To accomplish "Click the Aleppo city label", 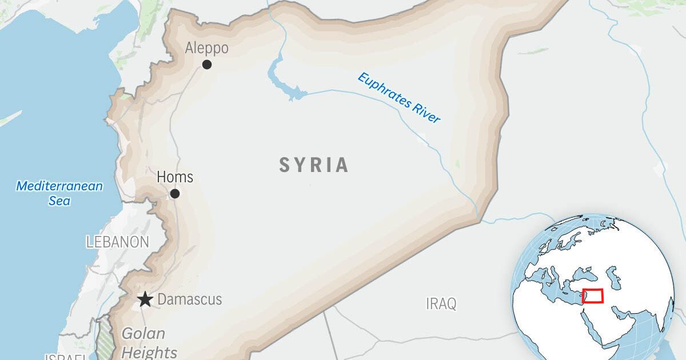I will (x=206, y=49).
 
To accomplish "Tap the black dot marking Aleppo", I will (x=207, y=65).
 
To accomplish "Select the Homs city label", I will (x=175, y=177).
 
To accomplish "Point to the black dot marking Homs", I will (x=175, y=194).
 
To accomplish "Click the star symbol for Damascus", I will (x=145, y=299).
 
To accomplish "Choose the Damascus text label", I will (x=189, y=299).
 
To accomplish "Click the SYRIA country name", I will (x=314, y=165).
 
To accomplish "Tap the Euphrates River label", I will (x=399, y=98).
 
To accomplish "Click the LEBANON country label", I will (x=118, y=242).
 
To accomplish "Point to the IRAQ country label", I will (x=441, y=303).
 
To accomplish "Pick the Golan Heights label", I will (x=149, y=342).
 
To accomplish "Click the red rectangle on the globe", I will (x=593, y=296).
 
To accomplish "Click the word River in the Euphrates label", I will (x=426, y=111).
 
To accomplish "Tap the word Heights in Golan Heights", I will (x=149, y=351).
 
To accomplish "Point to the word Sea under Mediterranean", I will (x=59, y=201).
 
